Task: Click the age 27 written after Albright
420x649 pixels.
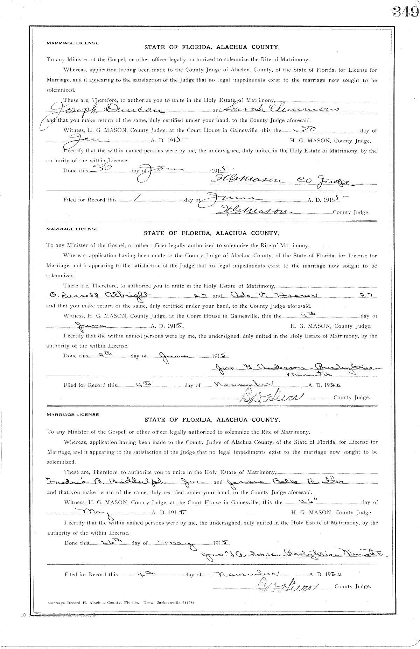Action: (x=202, y=295)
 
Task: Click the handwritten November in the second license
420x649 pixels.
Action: (x=245, y=384)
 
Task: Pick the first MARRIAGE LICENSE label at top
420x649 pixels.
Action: (x=73, y=43)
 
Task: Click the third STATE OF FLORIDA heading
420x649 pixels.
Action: (x=212, y=420)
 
